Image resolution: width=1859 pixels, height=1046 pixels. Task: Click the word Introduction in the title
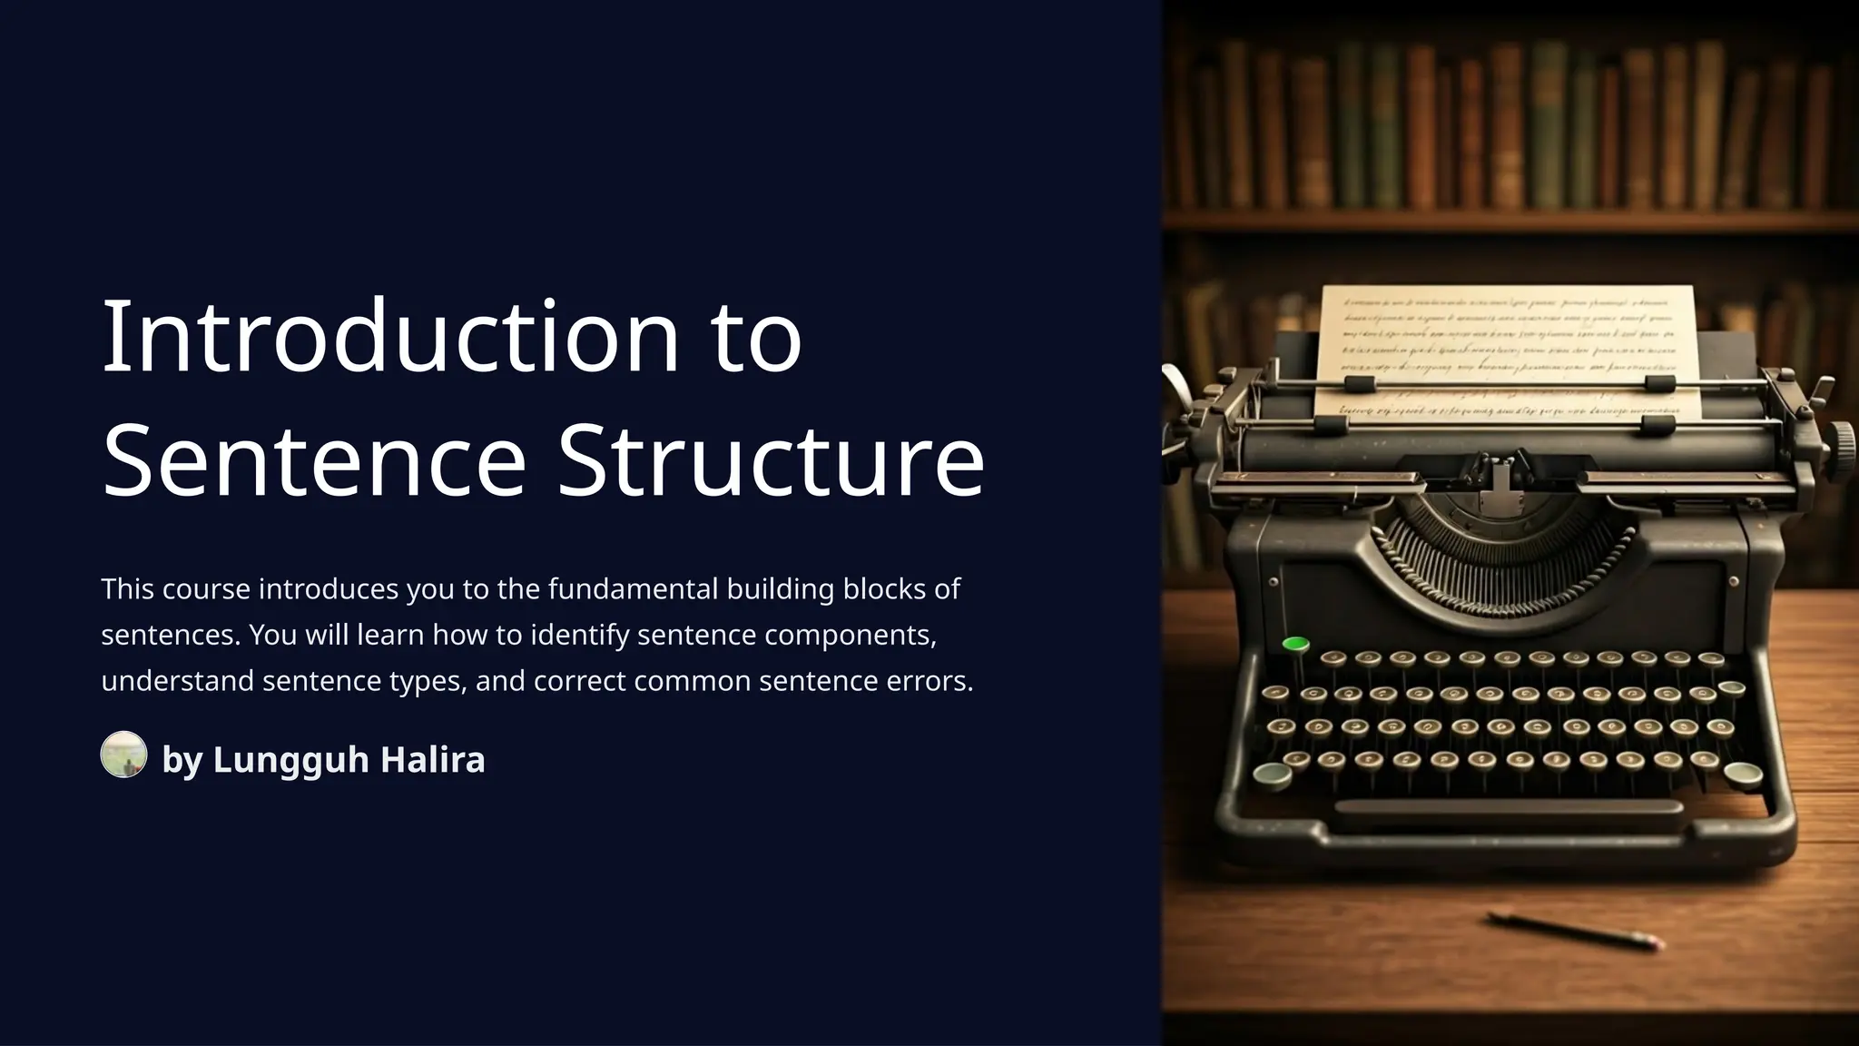pos(390,337)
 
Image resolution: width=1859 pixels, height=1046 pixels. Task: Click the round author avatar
pos(123,755)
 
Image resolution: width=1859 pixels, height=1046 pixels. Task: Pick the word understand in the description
pos(177,681)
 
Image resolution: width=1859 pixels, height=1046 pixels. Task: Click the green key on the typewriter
pos(1295,645)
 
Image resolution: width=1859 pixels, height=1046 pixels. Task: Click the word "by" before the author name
pos(182,760)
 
